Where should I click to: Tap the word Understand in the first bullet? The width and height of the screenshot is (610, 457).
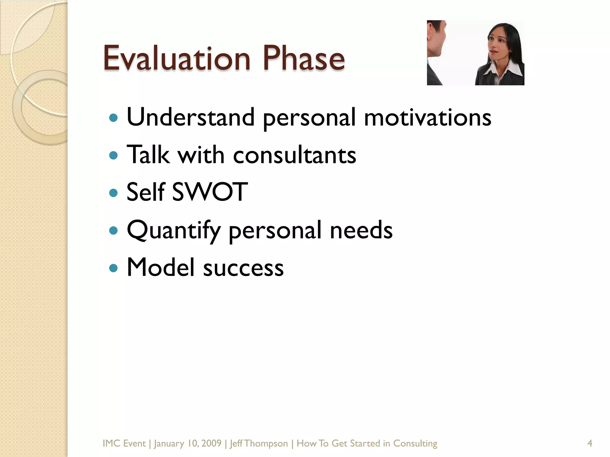click(x=191, y=117)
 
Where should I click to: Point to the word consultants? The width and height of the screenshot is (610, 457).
click(x=294, y=155)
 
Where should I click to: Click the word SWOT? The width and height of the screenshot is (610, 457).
click(x=210, y=192)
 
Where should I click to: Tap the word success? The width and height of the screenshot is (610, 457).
click(x=243, y=268)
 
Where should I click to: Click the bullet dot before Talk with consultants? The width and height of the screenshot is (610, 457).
click(x=113, y=155)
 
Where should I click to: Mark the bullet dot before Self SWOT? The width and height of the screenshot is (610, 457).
click(x=113, y=193)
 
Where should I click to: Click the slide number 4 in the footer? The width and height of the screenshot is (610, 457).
click(x=589, y=444)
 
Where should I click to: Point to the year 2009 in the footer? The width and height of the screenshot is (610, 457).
click(x=211, y=444)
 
